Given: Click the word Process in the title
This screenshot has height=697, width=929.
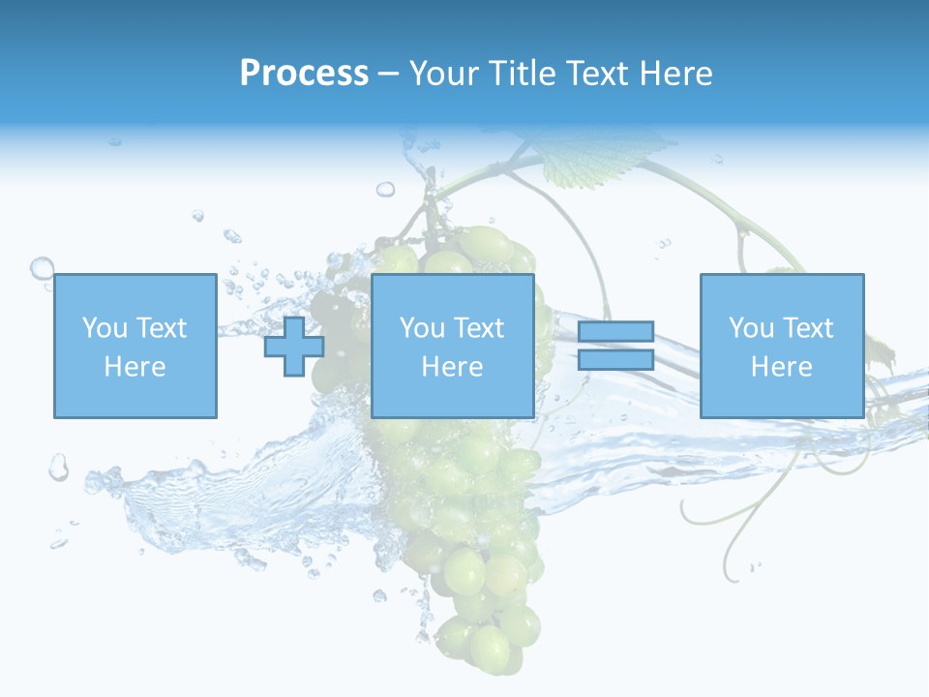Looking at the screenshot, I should [304, 74].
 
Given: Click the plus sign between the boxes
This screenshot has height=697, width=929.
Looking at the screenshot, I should [294, 347].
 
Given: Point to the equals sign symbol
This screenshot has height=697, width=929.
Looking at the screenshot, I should [615, 347].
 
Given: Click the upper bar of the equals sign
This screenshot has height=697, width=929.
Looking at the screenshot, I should [615, 333].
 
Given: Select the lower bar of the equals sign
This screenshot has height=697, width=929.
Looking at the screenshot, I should [615, 360].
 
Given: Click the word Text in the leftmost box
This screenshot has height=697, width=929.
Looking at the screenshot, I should [161, 328].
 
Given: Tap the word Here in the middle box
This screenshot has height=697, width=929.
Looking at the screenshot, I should [452, 367].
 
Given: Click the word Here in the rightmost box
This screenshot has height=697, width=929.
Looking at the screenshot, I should [782, 367].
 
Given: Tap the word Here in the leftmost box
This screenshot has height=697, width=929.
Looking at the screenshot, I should [135, 367].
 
